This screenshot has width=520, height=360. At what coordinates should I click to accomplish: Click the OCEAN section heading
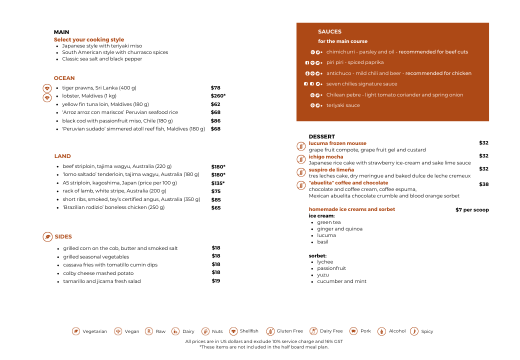64,78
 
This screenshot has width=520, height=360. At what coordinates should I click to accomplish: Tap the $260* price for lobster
218,96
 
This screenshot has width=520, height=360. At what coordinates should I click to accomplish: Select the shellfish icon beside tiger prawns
47,88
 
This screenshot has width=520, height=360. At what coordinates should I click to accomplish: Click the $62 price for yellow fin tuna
215,104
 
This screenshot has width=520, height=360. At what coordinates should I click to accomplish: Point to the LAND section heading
62,156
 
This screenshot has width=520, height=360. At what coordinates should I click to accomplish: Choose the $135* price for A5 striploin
218,183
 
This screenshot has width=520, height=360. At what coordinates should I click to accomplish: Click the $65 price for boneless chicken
216,207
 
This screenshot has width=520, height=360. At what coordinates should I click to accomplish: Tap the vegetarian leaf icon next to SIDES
47,236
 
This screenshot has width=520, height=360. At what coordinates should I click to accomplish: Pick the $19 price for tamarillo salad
216,281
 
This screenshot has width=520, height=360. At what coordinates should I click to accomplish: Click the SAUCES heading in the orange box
329,31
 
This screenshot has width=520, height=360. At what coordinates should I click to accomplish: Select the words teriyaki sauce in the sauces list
343,105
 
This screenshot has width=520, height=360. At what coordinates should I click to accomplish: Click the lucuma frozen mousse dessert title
337,143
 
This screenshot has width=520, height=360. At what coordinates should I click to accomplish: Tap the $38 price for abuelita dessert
483,184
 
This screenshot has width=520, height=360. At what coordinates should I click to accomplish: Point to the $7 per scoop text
472,210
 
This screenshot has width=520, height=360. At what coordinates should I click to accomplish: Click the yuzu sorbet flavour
322,275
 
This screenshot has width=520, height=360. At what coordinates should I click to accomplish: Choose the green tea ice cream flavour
328,222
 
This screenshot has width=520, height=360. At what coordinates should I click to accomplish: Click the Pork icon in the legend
353,331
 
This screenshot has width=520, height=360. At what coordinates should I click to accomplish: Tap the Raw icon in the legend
149,331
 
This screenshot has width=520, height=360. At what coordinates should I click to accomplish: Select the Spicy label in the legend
427,331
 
